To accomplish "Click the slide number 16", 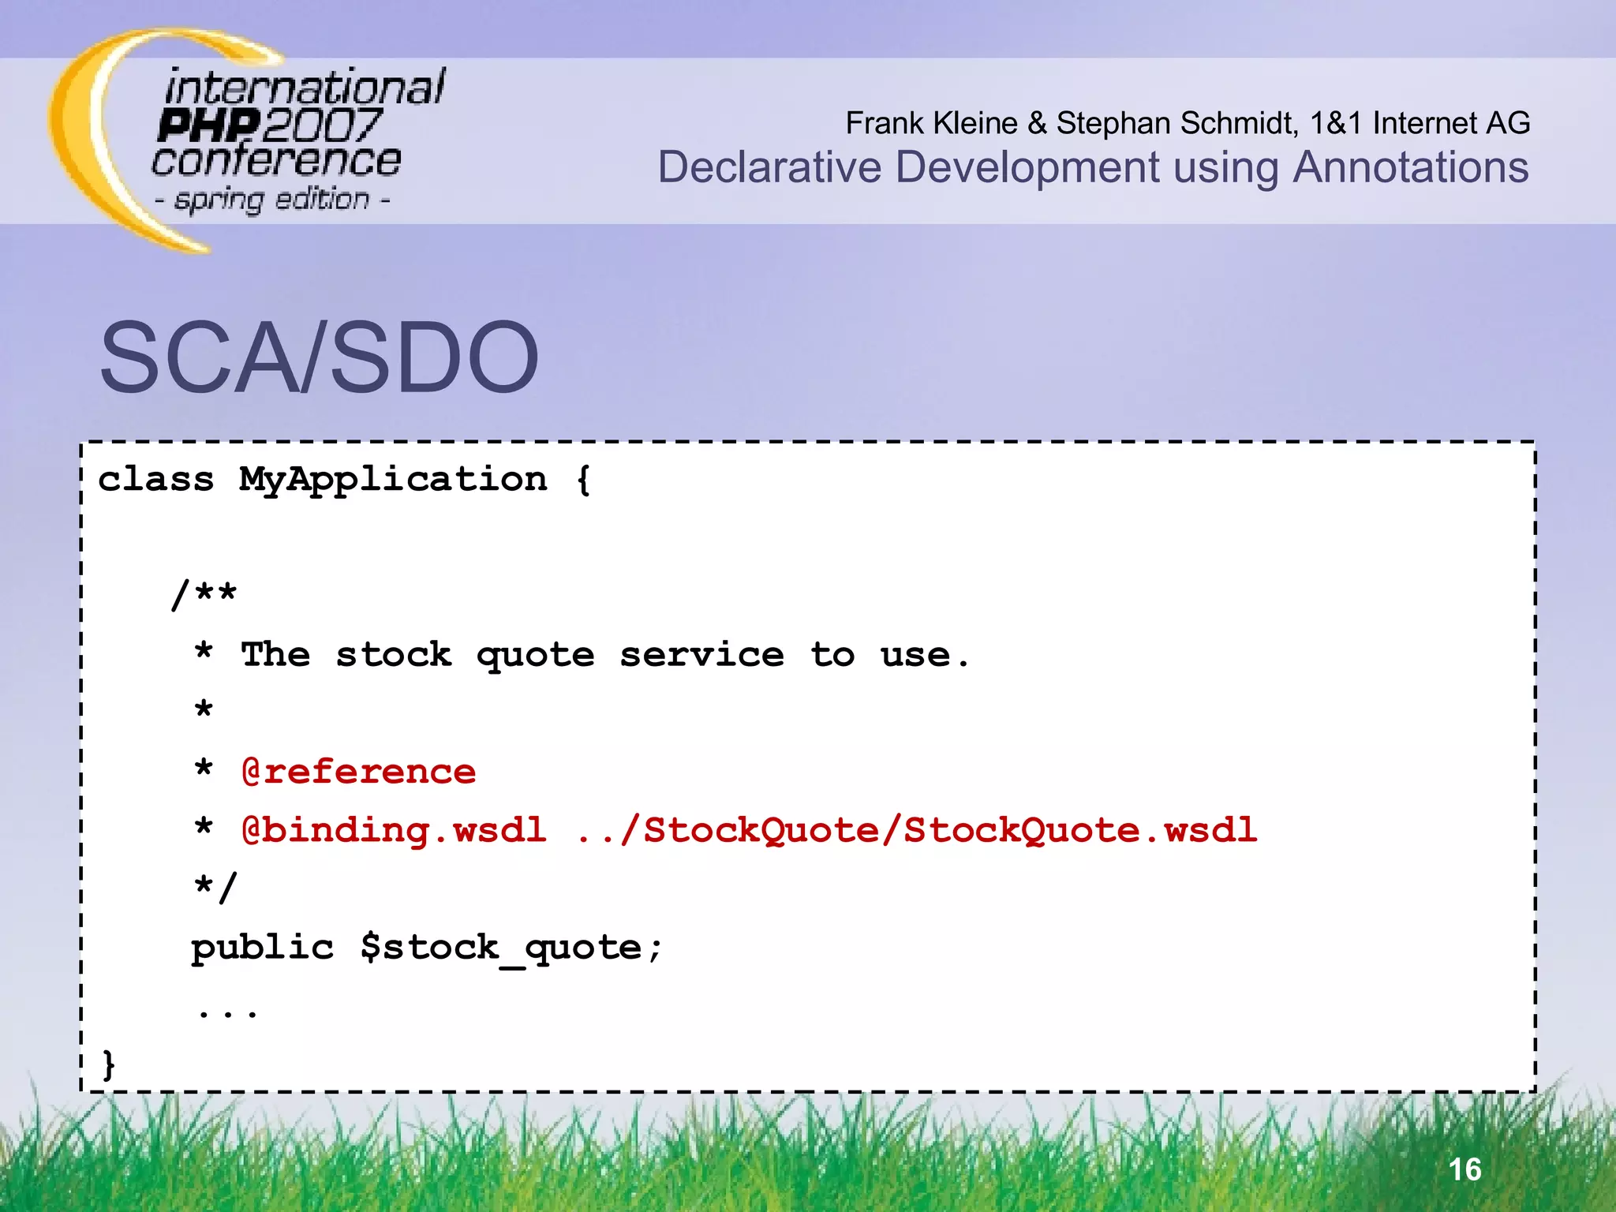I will click(x=1465, y=1169).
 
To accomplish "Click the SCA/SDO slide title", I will click(x=319, y=357).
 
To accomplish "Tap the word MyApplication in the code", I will click(x=393, y=480).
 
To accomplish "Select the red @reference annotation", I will click(x=359, y=772).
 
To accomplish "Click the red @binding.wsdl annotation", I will click(x=394, y=830).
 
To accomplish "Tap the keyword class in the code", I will click(x=156, y=480).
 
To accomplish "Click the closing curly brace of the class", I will click(x=109, y=1064).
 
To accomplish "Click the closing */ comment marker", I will click(x=215, y=888).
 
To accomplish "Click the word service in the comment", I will click(x=701, y=655).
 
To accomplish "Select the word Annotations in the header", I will click(x=1410, y=167).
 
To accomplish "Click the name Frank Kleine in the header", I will click(x=931, y=123).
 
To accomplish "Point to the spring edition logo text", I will click(x=272, y=200).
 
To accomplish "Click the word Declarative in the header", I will click(x=769, y=167).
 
